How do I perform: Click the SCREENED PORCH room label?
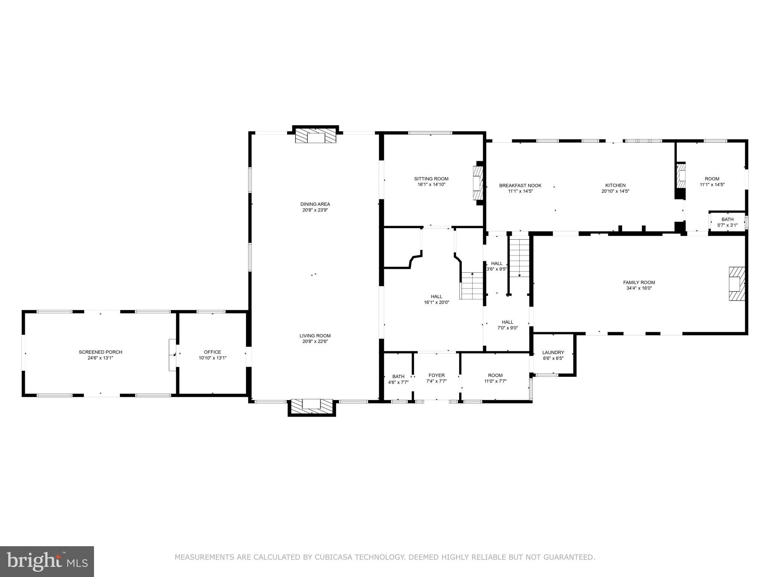[x=100, y=352]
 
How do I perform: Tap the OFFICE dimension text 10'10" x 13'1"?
[x=212, y=358]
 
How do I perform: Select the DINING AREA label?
[x=315, y=204]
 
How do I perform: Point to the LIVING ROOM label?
[x=315, y=336]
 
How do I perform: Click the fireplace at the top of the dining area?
[x=315, y=136]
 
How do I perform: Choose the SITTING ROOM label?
[x=431, y=179]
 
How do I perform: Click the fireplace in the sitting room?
[x=477, y=184]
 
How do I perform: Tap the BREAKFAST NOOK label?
[x=520, y=186]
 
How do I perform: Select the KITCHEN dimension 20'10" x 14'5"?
[x=615, y=191]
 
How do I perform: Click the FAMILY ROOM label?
[x=639, y=282]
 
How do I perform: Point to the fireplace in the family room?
[x=736, y=284]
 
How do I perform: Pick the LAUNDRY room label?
[x=553, y=352]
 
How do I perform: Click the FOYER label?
[x=437, y=375]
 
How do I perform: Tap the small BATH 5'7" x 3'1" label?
[x=727, y=219]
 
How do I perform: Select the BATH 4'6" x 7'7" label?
[x=398, y=376]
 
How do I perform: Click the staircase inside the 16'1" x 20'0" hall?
[x=472, y=286]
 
